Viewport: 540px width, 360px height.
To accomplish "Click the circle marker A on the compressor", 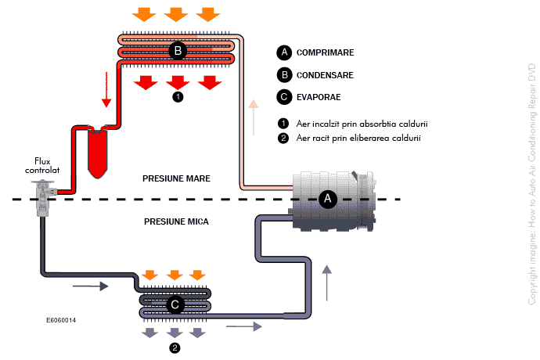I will pos(329,200).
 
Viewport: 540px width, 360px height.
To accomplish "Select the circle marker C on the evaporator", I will pos(175,304).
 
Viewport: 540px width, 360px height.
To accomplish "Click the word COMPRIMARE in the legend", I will pos(325,53).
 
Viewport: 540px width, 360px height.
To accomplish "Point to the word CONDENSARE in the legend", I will pos(325,75).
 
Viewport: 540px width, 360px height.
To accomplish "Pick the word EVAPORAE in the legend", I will pos(319,97).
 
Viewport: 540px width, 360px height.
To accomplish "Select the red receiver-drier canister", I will pos(99,153).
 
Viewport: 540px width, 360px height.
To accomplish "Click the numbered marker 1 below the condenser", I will pos(178,98).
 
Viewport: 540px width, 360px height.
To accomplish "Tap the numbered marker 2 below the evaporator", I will pos(175,347).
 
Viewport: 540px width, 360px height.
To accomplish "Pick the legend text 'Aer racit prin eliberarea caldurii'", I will pos(358,139).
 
